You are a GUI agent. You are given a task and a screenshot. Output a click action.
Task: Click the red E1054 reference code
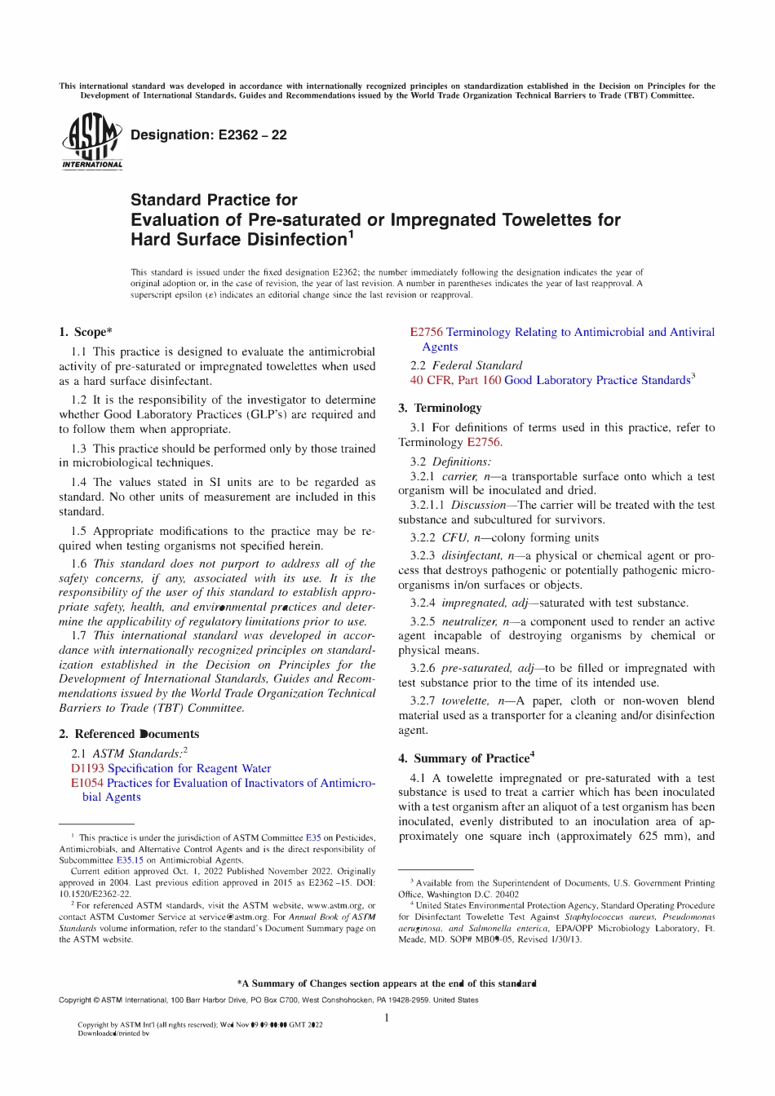86,783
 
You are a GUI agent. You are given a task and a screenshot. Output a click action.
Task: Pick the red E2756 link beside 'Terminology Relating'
426,332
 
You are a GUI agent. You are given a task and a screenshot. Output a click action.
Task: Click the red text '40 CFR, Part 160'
455,380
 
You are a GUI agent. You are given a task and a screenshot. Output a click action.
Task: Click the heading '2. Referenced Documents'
128,734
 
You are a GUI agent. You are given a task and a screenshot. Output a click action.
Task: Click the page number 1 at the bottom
387,1017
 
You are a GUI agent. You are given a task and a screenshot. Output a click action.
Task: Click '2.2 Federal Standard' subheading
466,365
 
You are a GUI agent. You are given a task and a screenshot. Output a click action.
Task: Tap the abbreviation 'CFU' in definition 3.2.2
454,537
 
